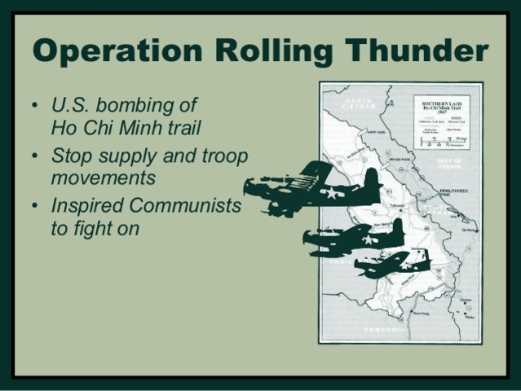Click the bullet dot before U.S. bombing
[x=34, y=106]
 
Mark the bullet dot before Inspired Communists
[x=34, y=207]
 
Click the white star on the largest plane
[x=331, y=193]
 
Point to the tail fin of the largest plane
[x=369, y=181]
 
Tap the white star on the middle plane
[x=371, y=239]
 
